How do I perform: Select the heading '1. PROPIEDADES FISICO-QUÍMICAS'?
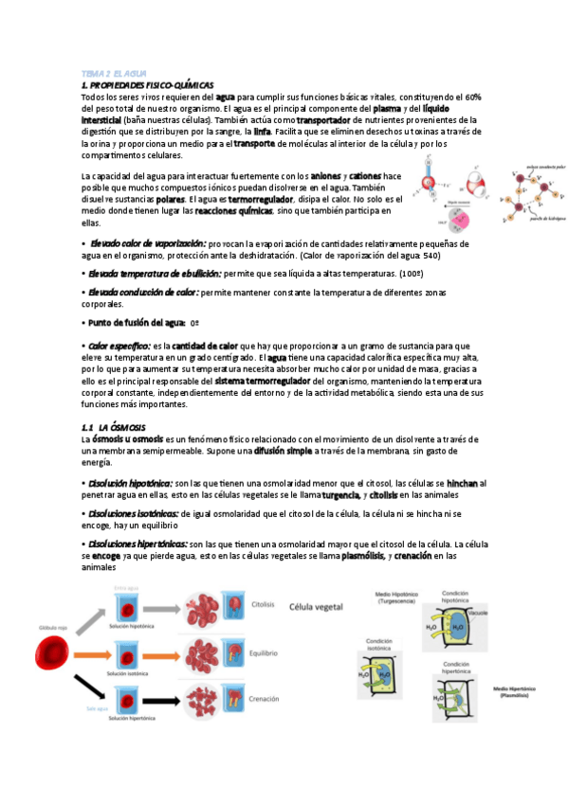click(x=148, y=84)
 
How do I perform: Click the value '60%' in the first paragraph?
click(x=471, y=97)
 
